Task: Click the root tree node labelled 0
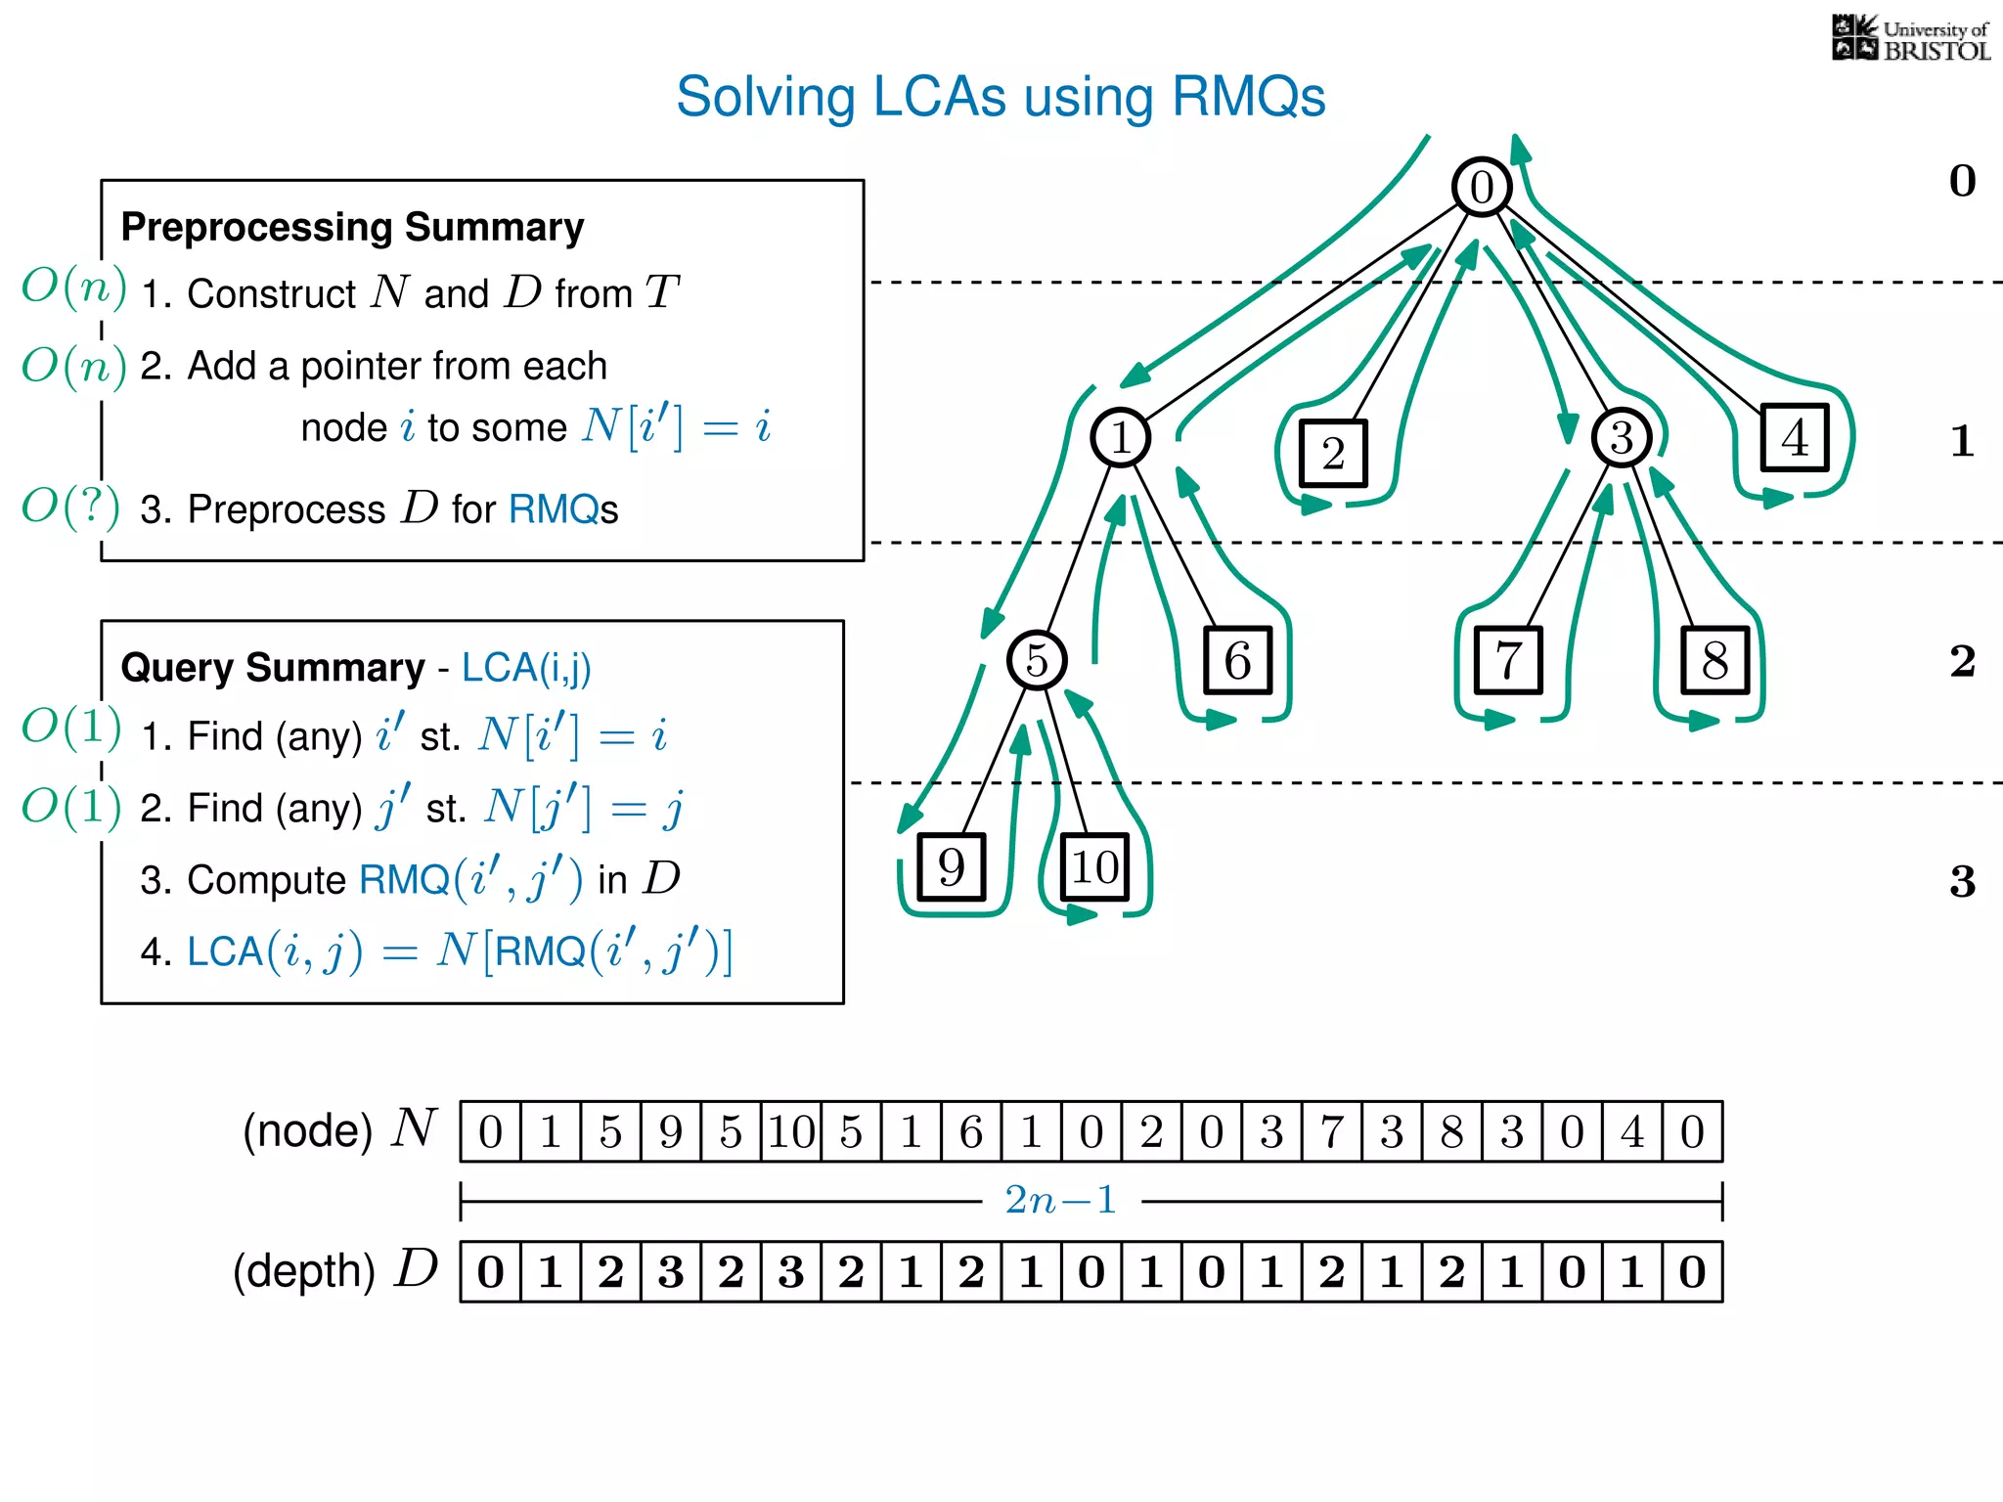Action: [1481, 187]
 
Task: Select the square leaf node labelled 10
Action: [1094, 866]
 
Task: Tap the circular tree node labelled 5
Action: [1036, 660]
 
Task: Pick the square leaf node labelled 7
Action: [1507, 660]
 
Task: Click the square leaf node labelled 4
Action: [1794, 437]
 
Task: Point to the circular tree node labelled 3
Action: [1621, 437]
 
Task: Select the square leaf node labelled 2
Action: [1333, 453]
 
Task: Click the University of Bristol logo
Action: [1910, 39]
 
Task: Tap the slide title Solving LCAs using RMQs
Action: [1000, 97]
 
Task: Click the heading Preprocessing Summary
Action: [352, 227]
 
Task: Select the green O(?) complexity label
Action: [70, 507]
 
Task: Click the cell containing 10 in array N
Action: [791, 1131]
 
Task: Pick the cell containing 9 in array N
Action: [671, 1131]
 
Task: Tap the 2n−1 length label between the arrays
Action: [1060, 1200]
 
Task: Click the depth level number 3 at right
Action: [1961, 881]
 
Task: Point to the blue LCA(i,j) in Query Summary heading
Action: [526, 668]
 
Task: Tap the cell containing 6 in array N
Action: [971, 1131]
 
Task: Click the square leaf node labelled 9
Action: [951, 866]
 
